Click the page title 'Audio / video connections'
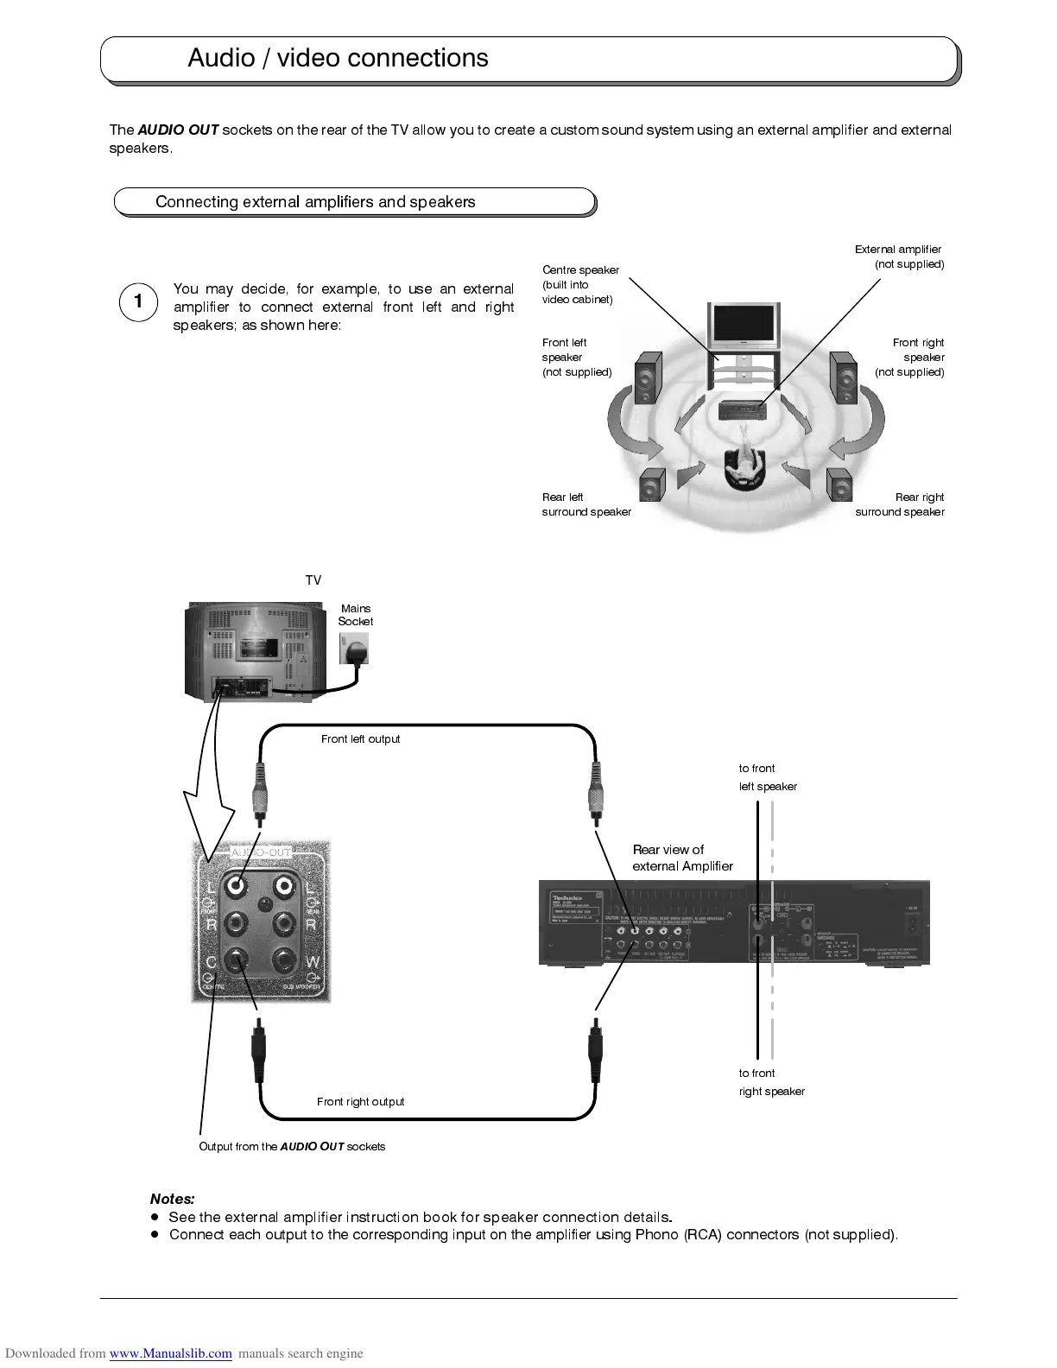[x=338, y=58]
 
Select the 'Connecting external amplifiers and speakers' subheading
[x=315, y=202]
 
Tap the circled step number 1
[x=138, y=302]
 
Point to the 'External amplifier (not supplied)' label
[x=899, y=256]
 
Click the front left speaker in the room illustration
[x=649, y=378]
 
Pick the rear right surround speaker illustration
[x=839, y=484]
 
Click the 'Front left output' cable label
[x=360, y=739]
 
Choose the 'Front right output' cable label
[x=360, y=1102]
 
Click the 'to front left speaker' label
[x=767, y=777]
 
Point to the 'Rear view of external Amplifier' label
[x=682, y=858]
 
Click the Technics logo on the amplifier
[x=567, y=898]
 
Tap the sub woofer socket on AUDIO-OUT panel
[x=283, y=959]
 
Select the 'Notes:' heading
[x=173, y=1199]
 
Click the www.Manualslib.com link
[x=170, y=1353]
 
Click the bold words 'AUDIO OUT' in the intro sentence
[x=178, y=130]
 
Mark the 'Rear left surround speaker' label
[x=586, y=504]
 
